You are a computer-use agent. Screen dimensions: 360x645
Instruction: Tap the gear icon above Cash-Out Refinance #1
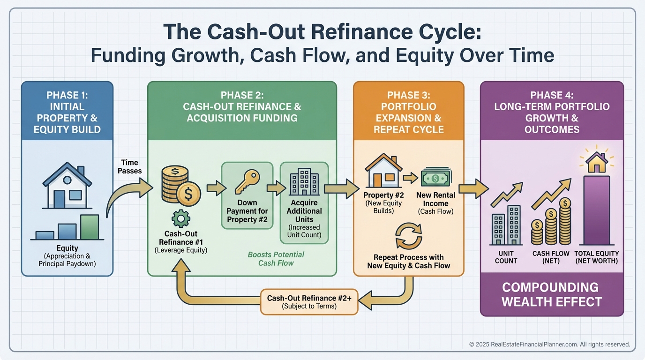[180, 218]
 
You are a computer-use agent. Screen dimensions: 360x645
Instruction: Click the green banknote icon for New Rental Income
[435, 178]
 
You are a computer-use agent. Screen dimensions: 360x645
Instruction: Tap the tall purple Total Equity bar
[596, 210]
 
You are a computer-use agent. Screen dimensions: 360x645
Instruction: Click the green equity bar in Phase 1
[90, 227]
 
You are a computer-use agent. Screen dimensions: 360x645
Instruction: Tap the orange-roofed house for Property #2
[383, 172]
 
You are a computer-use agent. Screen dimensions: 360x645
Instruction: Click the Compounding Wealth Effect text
[551, 294]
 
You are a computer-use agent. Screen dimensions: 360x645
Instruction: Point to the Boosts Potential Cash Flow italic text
[276, 259]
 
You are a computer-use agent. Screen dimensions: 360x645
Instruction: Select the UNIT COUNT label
[506, 257]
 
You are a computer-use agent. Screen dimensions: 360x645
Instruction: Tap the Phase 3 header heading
[408, 112]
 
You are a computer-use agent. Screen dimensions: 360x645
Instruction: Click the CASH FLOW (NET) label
[551, 257]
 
